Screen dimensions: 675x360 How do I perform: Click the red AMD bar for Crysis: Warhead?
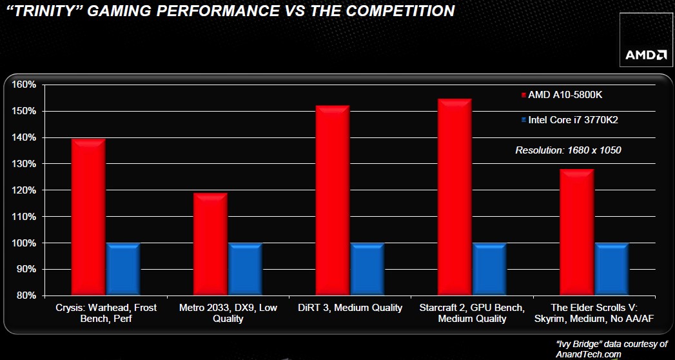[89, 217]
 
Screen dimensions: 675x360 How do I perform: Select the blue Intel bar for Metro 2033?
[245, 270]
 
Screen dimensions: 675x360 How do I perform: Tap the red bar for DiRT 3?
[332, 200]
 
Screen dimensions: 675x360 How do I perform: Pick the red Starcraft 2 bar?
[455, 197]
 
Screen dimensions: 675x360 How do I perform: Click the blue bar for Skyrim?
[612, 270]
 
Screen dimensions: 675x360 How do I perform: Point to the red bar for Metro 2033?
[211, 244]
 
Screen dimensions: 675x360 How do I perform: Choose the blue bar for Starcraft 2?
[489, 270]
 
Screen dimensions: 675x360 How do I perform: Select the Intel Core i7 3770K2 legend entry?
[569, 120]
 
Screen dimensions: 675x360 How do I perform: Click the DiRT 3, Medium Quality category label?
[350, 308]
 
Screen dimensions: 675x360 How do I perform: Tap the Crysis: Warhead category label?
[106, 314]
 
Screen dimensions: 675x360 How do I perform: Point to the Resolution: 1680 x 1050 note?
[568, 151]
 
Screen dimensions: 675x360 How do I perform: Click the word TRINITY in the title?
[46, 11]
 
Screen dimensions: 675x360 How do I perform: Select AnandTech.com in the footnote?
[589, 354]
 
